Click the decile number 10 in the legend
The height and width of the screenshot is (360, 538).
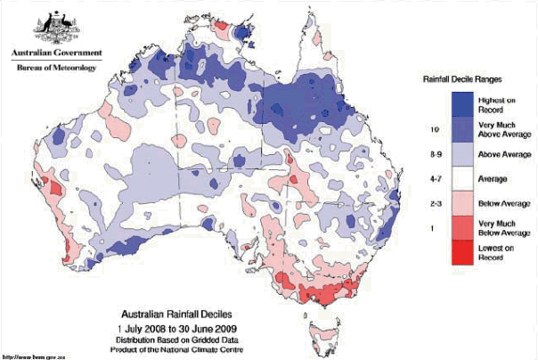click(x=433, y=130)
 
